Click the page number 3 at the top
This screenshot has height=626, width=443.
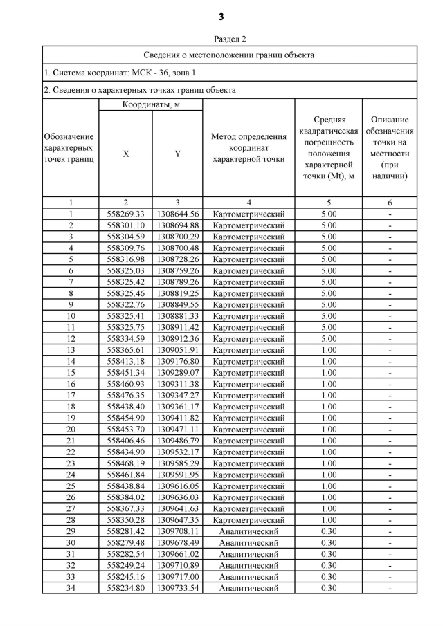tap(221, 16)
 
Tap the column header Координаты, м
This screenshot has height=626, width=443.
tap(150, 105)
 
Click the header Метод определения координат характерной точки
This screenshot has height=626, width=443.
tap(248, 148)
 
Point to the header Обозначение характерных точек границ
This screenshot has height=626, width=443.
tap(70, 148)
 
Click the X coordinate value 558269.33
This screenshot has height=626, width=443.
tap(125, 214)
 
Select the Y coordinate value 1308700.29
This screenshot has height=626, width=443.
tap(177, 237)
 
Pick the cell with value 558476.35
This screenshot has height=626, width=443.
tap(125, 396)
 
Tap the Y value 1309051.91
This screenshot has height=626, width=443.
tap(177, 350)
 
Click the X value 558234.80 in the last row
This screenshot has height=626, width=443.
tap(125, 588)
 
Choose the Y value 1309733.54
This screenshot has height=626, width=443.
tap(177, 588)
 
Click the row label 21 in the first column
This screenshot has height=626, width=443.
tap(71, 441)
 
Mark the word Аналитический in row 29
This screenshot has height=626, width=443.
tap(248, 531)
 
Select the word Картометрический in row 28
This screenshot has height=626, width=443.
tap(248, 520)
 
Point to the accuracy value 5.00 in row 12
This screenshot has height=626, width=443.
tap(329, 339)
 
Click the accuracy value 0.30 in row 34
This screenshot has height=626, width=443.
tap(329, 588)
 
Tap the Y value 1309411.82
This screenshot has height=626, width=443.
tap(177, 418)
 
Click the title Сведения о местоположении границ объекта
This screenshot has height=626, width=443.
tap(229, 55)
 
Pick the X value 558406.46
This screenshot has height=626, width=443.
tap(125, 441)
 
